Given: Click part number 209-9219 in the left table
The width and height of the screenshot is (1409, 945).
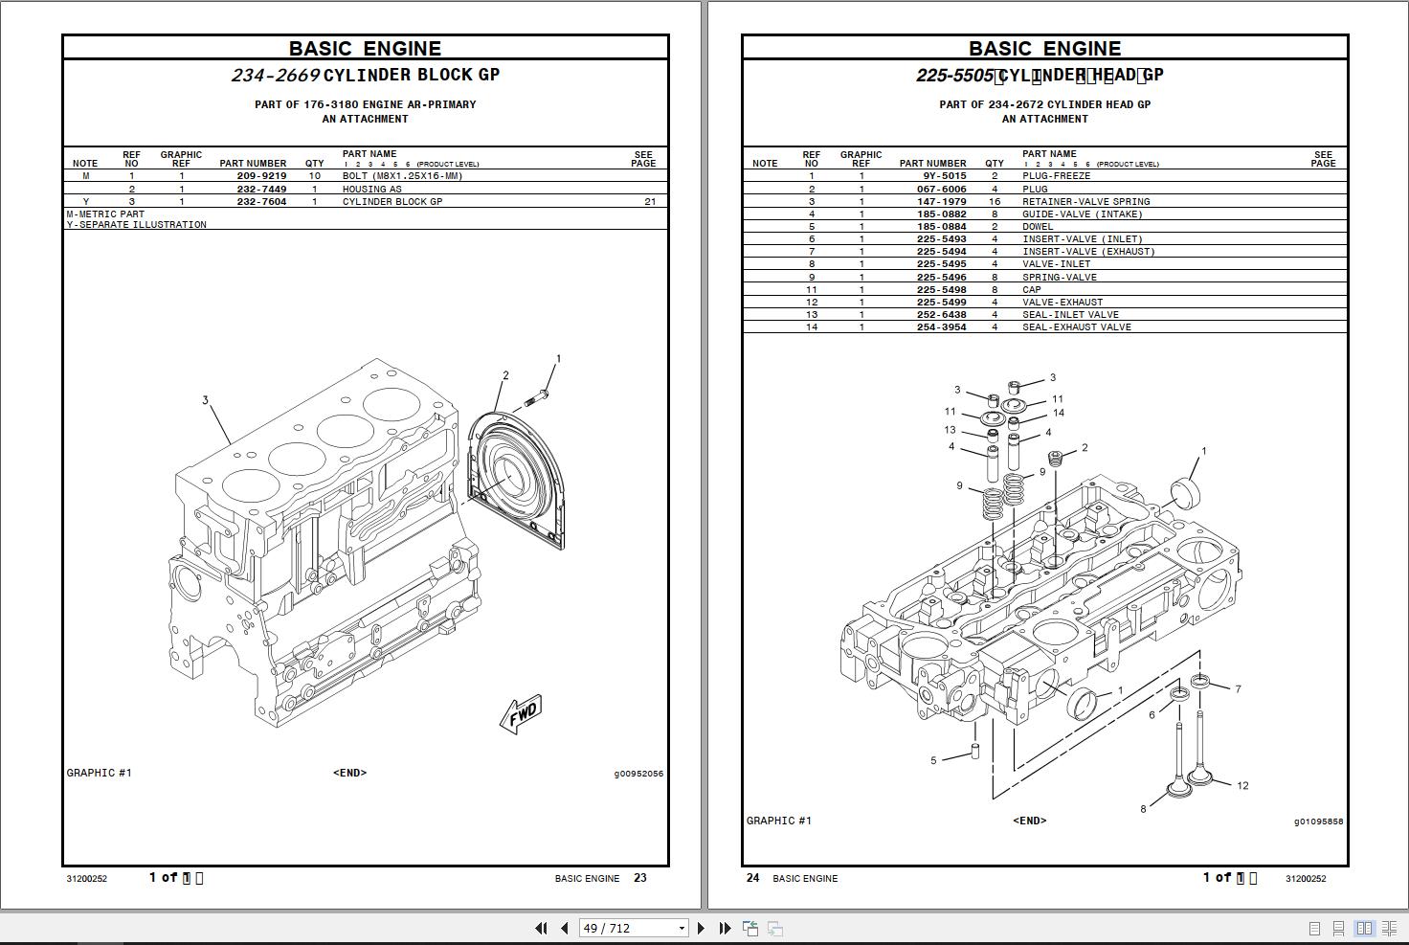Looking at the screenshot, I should tap(261, 176).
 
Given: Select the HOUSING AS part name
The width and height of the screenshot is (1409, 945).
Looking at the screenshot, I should tap(371, 190).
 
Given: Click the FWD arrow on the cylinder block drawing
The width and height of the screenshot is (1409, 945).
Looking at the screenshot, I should tap(522, 714).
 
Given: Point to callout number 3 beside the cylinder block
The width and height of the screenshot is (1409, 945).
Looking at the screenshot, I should tap(205, 400).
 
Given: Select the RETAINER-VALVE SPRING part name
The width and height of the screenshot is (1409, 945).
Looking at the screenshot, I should tap(1085, 202).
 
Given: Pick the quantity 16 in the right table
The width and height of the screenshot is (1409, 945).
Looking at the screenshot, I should tap(995, 202).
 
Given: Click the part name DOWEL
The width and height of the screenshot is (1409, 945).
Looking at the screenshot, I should tap(1038, 227).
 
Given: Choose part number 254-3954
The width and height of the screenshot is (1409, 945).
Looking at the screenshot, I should tap(941, 327).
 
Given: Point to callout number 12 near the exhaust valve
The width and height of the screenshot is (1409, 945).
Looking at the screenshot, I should tap(1242, 786).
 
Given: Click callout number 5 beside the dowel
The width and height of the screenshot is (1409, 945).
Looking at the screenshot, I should tap(933, 761).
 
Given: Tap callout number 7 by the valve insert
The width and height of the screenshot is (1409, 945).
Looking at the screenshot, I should tap(1238, 689).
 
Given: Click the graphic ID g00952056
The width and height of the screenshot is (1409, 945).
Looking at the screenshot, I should tap(638, 774).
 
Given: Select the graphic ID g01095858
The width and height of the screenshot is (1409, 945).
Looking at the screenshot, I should tap(1318, 821).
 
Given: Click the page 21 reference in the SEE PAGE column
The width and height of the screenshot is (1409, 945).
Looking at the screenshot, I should tap(650, 202).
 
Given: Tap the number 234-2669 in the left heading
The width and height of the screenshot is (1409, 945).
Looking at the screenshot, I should tap(275, 76).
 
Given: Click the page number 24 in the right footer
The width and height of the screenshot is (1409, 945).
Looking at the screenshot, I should tap(752, 878).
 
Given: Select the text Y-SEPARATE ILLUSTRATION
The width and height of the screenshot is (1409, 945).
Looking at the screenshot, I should tap(137, 225).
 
